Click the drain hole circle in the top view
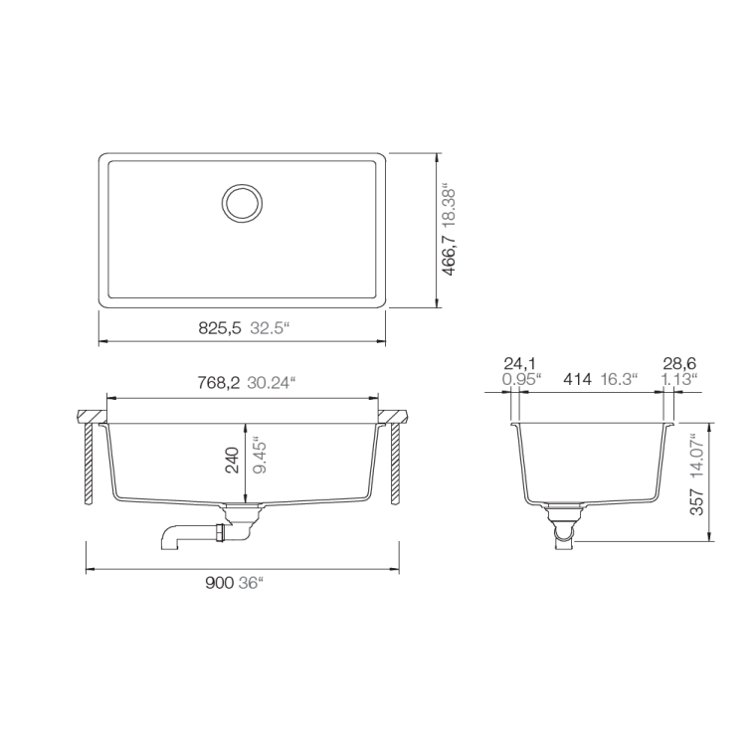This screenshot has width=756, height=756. (x=242, y=202)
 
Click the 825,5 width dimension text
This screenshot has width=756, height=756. (x=220, y=327)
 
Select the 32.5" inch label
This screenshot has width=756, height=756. (x=269, y=327)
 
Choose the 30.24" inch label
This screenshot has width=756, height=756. (x=272, y=383)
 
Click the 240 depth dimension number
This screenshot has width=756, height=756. (x=232, y=459)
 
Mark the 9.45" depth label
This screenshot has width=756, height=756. (x=261, y=459)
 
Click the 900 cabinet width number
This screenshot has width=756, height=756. (x=219, y=584)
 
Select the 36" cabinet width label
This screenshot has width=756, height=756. (x=251, y=584)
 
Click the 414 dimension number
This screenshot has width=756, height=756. (x=578, y=379)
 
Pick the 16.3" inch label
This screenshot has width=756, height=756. (x=621, y=379)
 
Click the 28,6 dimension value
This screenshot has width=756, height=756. (x=679, y=363)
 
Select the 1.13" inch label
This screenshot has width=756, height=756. (x=679, y=379)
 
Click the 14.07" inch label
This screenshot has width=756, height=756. (x=696, y=450)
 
